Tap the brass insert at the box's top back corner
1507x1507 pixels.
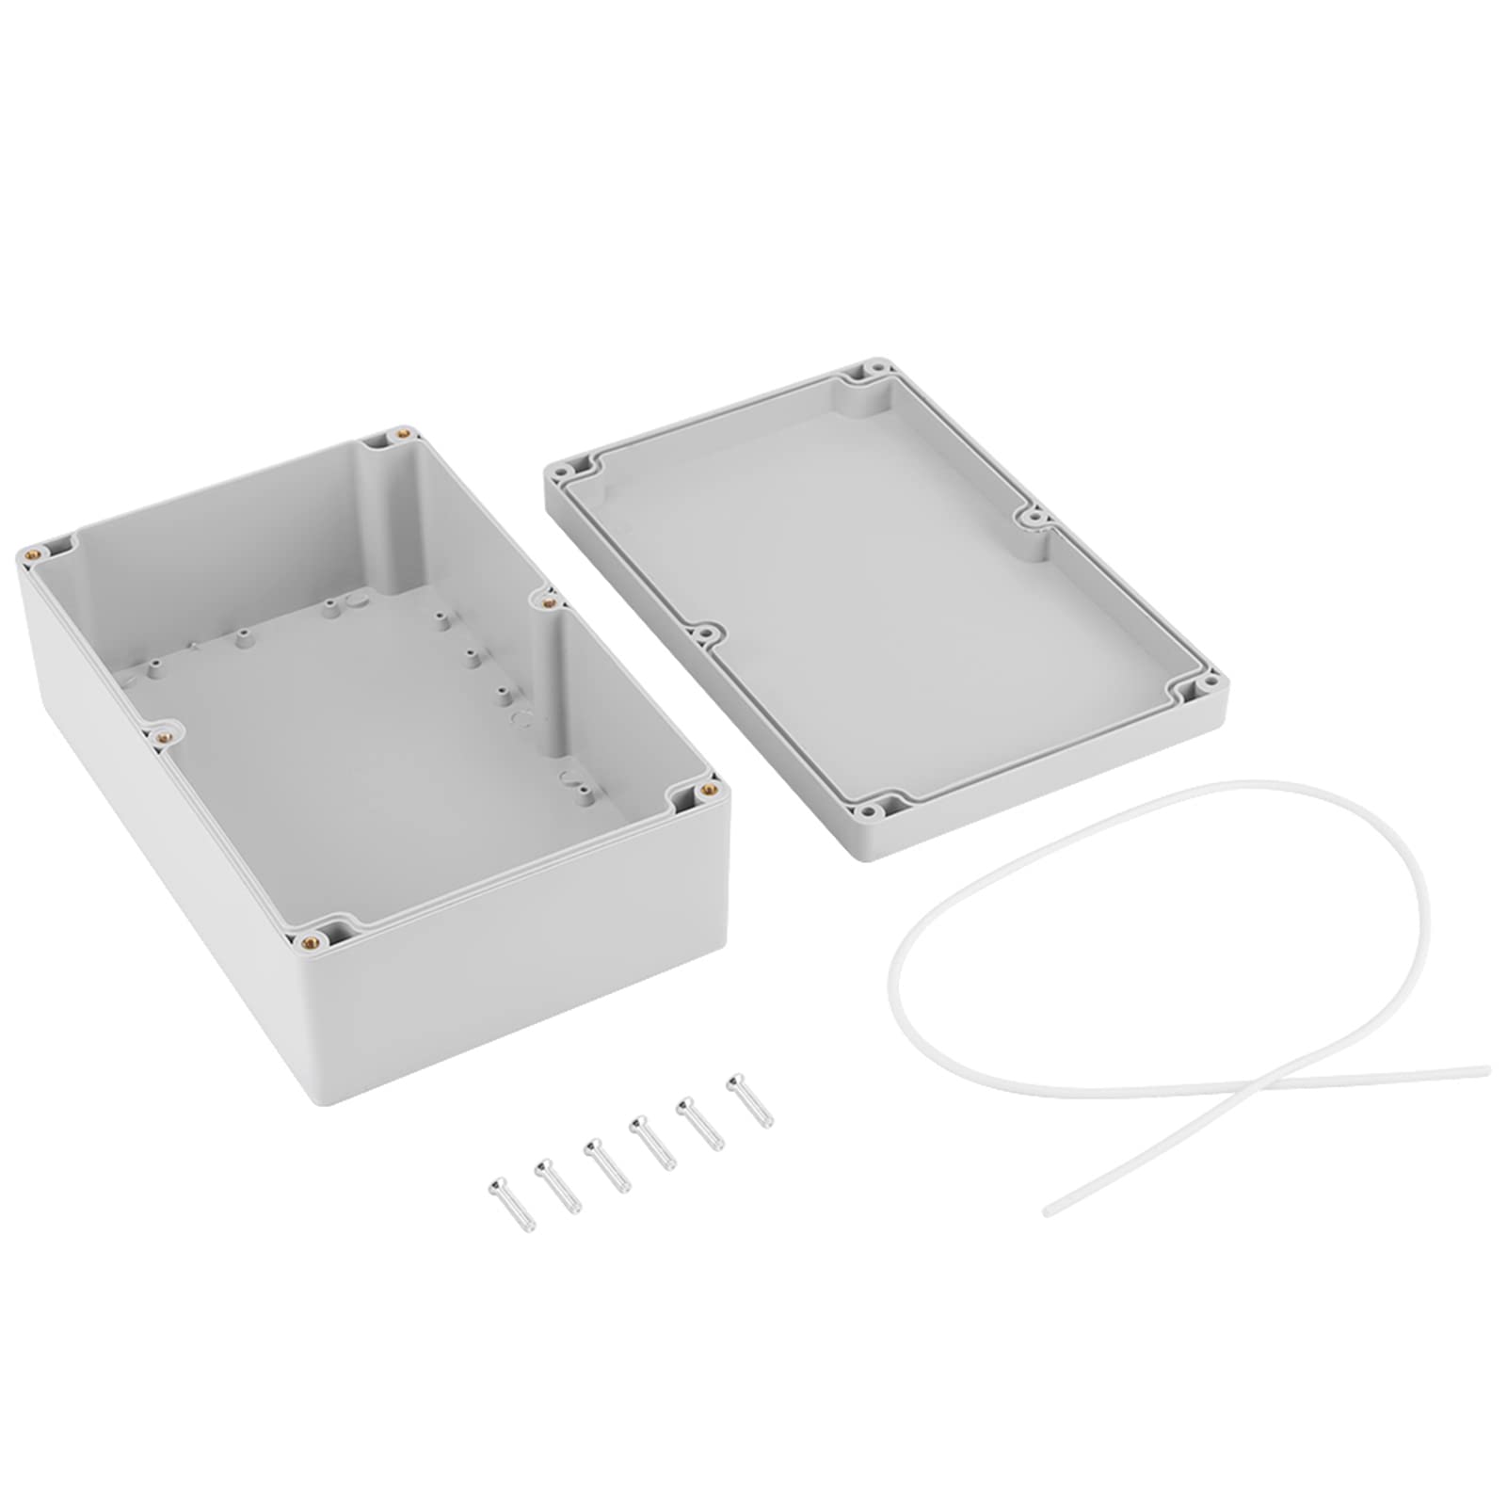coord(403,434)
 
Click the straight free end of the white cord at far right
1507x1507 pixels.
coord(1483,1069)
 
